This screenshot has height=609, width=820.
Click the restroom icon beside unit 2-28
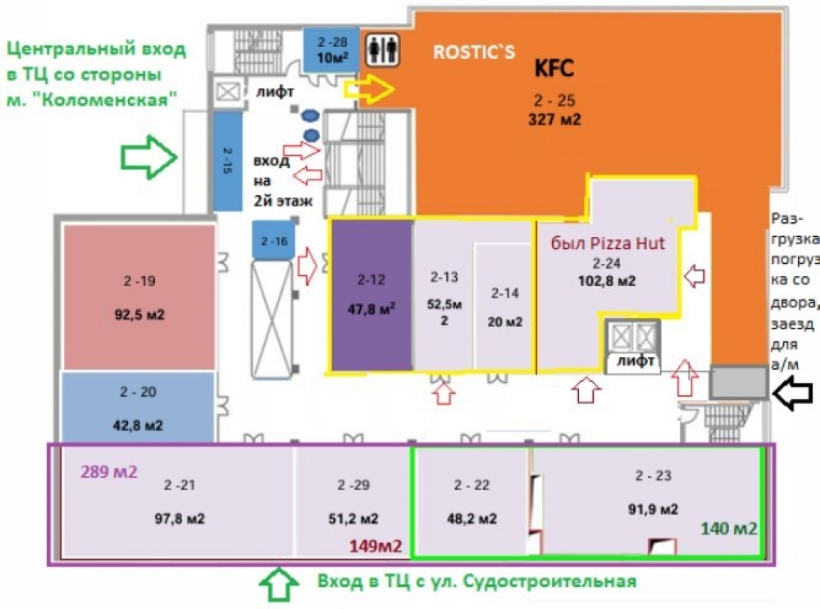point(382,50)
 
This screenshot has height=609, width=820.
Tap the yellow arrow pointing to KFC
point(371,89)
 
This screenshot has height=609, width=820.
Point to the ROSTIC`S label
point(474,53)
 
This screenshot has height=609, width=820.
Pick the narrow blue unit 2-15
point(228,161)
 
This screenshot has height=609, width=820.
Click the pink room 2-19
point(139,296)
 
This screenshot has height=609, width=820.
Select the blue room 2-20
point(139,407)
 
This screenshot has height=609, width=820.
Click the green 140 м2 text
point(729,527)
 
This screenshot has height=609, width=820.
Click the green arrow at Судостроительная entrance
point(279,583)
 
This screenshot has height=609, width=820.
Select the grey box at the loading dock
point(738,383)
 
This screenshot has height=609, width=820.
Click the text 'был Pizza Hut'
point(608,243)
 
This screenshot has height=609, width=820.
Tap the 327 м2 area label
point(554,120)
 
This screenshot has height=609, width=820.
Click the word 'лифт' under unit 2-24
point(635,360)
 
